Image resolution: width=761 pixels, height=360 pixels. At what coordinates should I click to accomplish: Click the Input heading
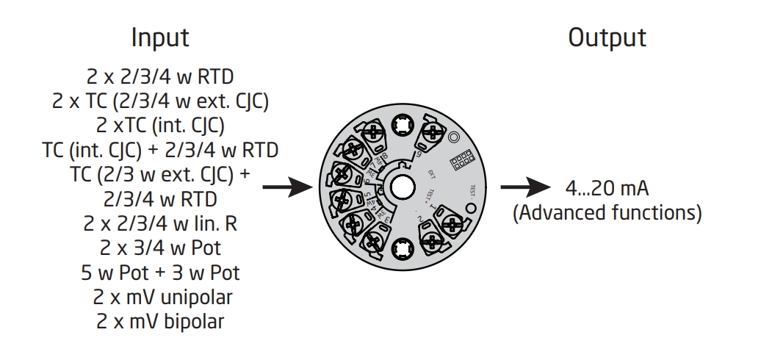(160, 38)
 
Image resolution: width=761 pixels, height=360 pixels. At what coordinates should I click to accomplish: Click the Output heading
(607, 38)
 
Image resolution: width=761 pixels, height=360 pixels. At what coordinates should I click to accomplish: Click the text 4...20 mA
(607, 189)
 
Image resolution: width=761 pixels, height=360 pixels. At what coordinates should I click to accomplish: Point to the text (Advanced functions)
(607, 213)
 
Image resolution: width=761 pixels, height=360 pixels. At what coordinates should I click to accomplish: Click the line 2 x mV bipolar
(160, 321)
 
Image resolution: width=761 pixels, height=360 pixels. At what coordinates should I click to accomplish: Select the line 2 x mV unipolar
(160, 298)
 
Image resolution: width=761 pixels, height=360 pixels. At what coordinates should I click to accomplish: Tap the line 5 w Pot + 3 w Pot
(160, 273)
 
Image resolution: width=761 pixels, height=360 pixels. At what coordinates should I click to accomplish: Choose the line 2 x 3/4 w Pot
(160, 249)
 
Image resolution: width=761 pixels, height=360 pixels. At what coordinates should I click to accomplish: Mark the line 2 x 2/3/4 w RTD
(160, 76)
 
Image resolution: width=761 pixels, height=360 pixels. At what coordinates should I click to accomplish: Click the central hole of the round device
(402, 185)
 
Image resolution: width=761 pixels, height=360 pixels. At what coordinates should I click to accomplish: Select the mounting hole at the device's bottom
(402, 248)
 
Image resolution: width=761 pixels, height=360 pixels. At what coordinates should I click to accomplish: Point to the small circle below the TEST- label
(472, 207)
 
